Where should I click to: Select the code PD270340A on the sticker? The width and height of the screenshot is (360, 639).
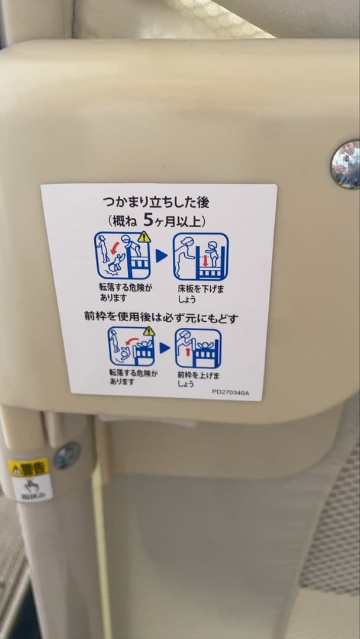231,391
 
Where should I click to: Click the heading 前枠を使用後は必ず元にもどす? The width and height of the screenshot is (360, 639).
161,318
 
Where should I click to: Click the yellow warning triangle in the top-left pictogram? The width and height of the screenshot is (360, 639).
144,237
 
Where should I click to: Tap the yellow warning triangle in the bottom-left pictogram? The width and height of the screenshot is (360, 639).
149,331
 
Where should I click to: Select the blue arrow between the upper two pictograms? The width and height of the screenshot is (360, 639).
161,257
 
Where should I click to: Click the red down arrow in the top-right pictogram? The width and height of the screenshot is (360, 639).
206,260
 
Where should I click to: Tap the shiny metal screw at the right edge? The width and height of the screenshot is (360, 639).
346,164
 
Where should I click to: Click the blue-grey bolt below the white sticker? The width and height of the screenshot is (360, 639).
67,455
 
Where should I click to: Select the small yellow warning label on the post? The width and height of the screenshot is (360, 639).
28,467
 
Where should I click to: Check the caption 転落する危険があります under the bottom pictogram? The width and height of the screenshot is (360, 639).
133,377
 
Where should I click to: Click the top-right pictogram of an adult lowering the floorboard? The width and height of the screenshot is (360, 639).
201,257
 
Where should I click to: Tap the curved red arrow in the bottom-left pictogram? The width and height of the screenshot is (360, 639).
134,341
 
